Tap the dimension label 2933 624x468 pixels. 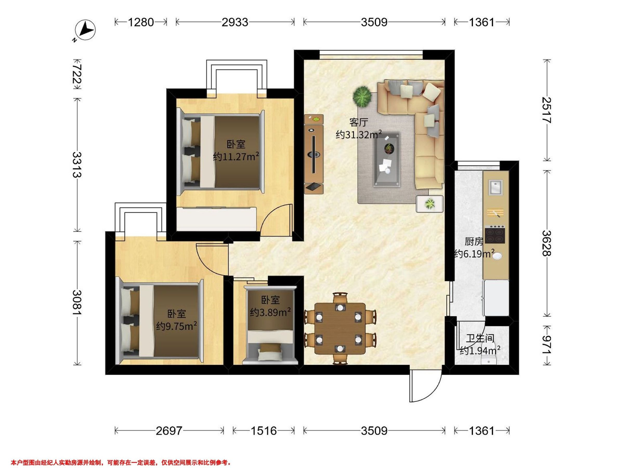pyautogui.click(x=235, y=22)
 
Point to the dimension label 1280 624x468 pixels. pyautogui.click(x=141, y=22)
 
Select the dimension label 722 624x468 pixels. pyautogui.click(x=77, y=74)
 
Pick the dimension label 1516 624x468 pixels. pyautogui.click(x=263, y=431)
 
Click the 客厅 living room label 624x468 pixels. pyautogui.click(x=359, y=122)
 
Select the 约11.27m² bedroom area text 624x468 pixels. pyautogui.click(x=236, y=156)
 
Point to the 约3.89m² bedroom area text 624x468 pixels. pyautogui.click(x=270, y=312)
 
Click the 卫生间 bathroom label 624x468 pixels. pyautogui.click(x=480, y=338)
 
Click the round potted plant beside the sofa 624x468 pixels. pyautogui.click(x=362, y=96)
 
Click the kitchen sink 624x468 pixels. pyautogui.click(x=496, y=187)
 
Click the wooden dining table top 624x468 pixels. pyautogui.click(x=340, y=329)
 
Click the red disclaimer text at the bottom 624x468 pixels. pyautogui.click(x=121, y=463)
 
